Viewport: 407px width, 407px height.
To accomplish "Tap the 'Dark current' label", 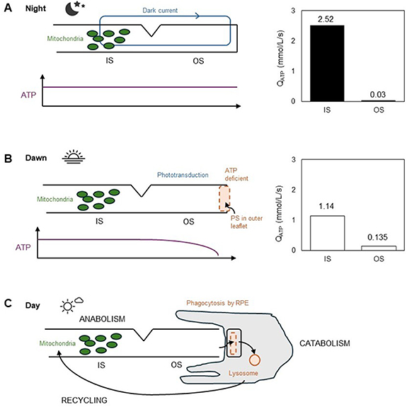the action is tap(160, 11).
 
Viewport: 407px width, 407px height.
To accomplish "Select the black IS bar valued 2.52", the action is tap(327, 63).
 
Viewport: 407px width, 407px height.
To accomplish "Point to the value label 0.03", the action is tap(378, 95).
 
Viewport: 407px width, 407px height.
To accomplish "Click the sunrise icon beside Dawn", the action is tap(74, 156).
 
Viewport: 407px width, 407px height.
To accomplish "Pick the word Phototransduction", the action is tap(183, 175).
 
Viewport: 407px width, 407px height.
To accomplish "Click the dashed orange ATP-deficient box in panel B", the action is tap(224, 199).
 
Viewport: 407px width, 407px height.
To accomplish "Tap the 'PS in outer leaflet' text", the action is tap(246, 222).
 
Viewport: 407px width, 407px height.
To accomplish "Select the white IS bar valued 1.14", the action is tap(327, 233).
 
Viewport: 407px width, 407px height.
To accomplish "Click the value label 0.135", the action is tap(378, 237).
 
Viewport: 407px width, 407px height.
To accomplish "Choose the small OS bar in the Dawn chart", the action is tap(379, 248).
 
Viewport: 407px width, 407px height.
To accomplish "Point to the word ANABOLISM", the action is tap(102, 319).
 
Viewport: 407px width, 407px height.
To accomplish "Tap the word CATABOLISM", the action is tap(325, 343).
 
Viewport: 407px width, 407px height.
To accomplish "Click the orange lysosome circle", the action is tap(255, 360).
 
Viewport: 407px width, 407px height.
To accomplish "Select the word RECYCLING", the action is tap(84, 400).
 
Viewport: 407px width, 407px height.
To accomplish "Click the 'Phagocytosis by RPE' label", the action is tap(217, 303).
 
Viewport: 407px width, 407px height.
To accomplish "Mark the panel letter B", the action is tap(8, 158).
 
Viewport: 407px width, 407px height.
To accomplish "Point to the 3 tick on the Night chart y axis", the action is tap(293, 11).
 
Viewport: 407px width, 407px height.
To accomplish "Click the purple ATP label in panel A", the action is tap(28, 95).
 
